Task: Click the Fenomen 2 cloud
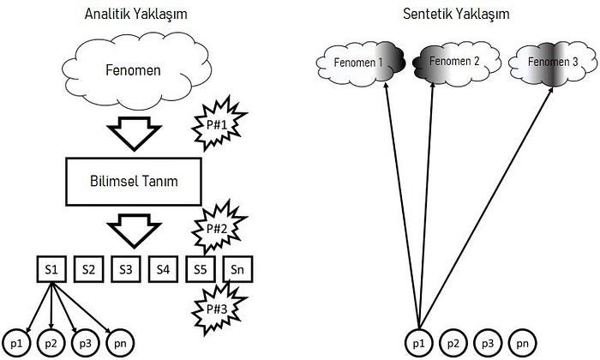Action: point(451,62)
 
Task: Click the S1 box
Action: point(51,269)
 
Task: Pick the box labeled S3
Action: point(125,269)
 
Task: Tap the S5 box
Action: point(199,269)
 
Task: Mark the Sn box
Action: point(237,269)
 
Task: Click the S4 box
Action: point(162,269)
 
